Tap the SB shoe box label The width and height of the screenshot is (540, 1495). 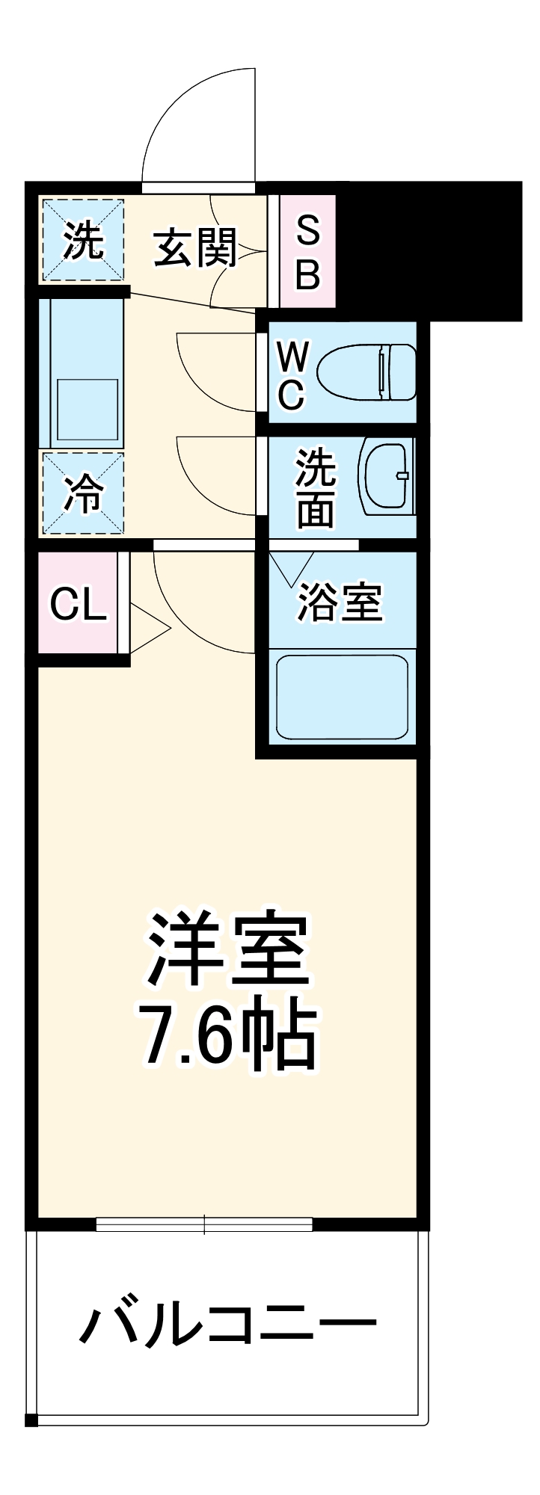(x=307, y=253)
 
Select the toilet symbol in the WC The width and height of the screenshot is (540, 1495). (x=366, y=372)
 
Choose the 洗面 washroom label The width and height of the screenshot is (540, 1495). (x=315, y=489)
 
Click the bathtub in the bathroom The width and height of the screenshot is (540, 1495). (x=342, y=697)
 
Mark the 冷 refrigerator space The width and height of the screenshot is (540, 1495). (x=82, y=493)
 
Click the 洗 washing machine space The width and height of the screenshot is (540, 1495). (x=82, y=241)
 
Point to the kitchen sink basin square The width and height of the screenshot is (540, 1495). (x=88, y=409)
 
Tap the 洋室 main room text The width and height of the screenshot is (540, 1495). (x=228, y=948)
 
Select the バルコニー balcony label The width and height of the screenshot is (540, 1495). (x=228, y=1325)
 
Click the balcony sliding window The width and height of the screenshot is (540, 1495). (x=204, y=1224)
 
